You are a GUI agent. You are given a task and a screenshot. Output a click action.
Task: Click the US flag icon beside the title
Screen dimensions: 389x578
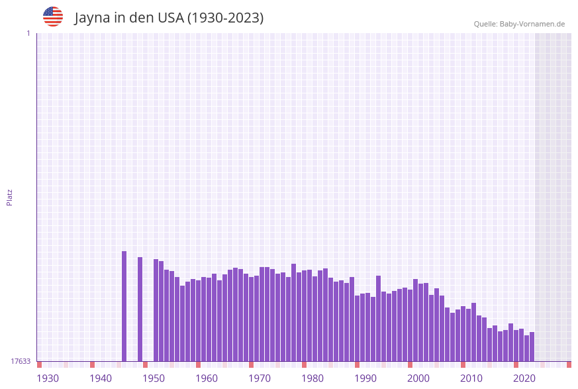[x=53, y=17]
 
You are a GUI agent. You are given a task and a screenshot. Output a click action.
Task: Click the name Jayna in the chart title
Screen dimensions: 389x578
[x=92, y=18]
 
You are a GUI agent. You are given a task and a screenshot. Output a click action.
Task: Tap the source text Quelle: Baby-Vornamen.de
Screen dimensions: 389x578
[x=519, y=24]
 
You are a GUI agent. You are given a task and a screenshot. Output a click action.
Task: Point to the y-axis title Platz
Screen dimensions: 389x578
[x=10, y=197]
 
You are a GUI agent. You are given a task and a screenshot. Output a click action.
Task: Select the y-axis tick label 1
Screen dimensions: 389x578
[x=28, y=33]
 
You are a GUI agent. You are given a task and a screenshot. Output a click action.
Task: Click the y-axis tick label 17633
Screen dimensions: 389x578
[x=21, y=361]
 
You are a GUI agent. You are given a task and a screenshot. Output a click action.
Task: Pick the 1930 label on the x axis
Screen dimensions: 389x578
[x=48, y=378]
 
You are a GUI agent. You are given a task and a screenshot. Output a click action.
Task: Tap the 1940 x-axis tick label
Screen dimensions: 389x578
[x=101, y=378]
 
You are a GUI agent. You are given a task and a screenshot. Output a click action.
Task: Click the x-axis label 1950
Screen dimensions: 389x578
[x=154, y=378]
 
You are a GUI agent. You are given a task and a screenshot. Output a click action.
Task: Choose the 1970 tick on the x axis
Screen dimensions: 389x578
[x=260, y=378]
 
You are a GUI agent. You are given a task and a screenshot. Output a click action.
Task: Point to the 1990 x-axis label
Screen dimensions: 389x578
[x=365, y=378]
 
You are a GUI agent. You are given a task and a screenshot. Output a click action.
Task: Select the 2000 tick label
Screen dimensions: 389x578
[x=418, y=378]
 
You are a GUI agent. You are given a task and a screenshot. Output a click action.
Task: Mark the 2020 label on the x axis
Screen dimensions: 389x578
[x=524, y=378]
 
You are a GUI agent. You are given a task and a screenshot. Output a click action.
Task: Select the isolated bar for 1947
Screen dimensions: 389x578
[x=140, y=309]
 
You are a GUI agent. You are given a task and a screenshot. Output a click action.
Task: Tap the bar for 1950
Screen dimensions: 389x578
[x=156, y=310]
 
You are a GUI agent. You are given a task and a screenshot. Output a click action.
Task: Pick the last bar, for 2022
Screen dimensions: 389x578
[x=532, y=347]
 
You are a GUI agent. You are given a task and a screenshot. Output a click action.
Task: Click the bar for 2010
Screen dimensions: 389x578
[x=473, y=332]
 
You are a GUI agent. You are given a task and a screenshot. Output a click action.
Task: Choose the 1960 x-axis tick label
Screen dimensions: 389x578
[x=207, y=378]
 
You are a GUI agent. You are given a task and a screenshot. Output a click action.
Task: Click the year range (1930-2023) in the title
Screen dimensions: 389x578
[x=225, y=18]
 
